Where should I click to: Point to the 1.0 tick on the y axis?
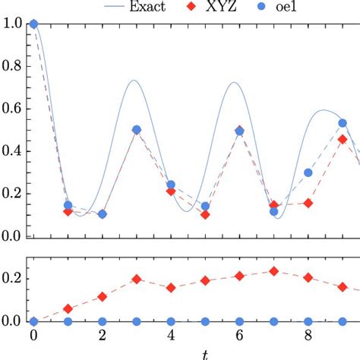pos(13,24)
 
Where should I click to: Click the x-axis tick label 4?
pos(171,335)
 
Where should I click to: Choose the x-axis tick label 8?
pos(308,335)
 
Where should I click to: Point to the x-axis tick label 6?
pos(239,335)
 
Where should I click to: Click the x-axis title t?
pos(204,352)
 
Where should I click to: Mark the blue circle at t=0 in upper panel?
pos(33,24)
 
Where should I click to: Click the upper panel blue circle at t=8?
pos(308,172)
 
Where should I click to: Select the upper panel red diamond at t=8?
pos(308,203)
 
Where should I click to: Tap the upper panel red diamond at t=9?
pos(343,139)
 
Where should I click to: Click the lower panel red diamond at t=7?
pos(274,271)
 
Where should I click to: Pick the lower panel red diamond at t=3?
pos(137,279)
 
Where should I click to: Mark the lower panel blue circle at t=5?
pos(205,321)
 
